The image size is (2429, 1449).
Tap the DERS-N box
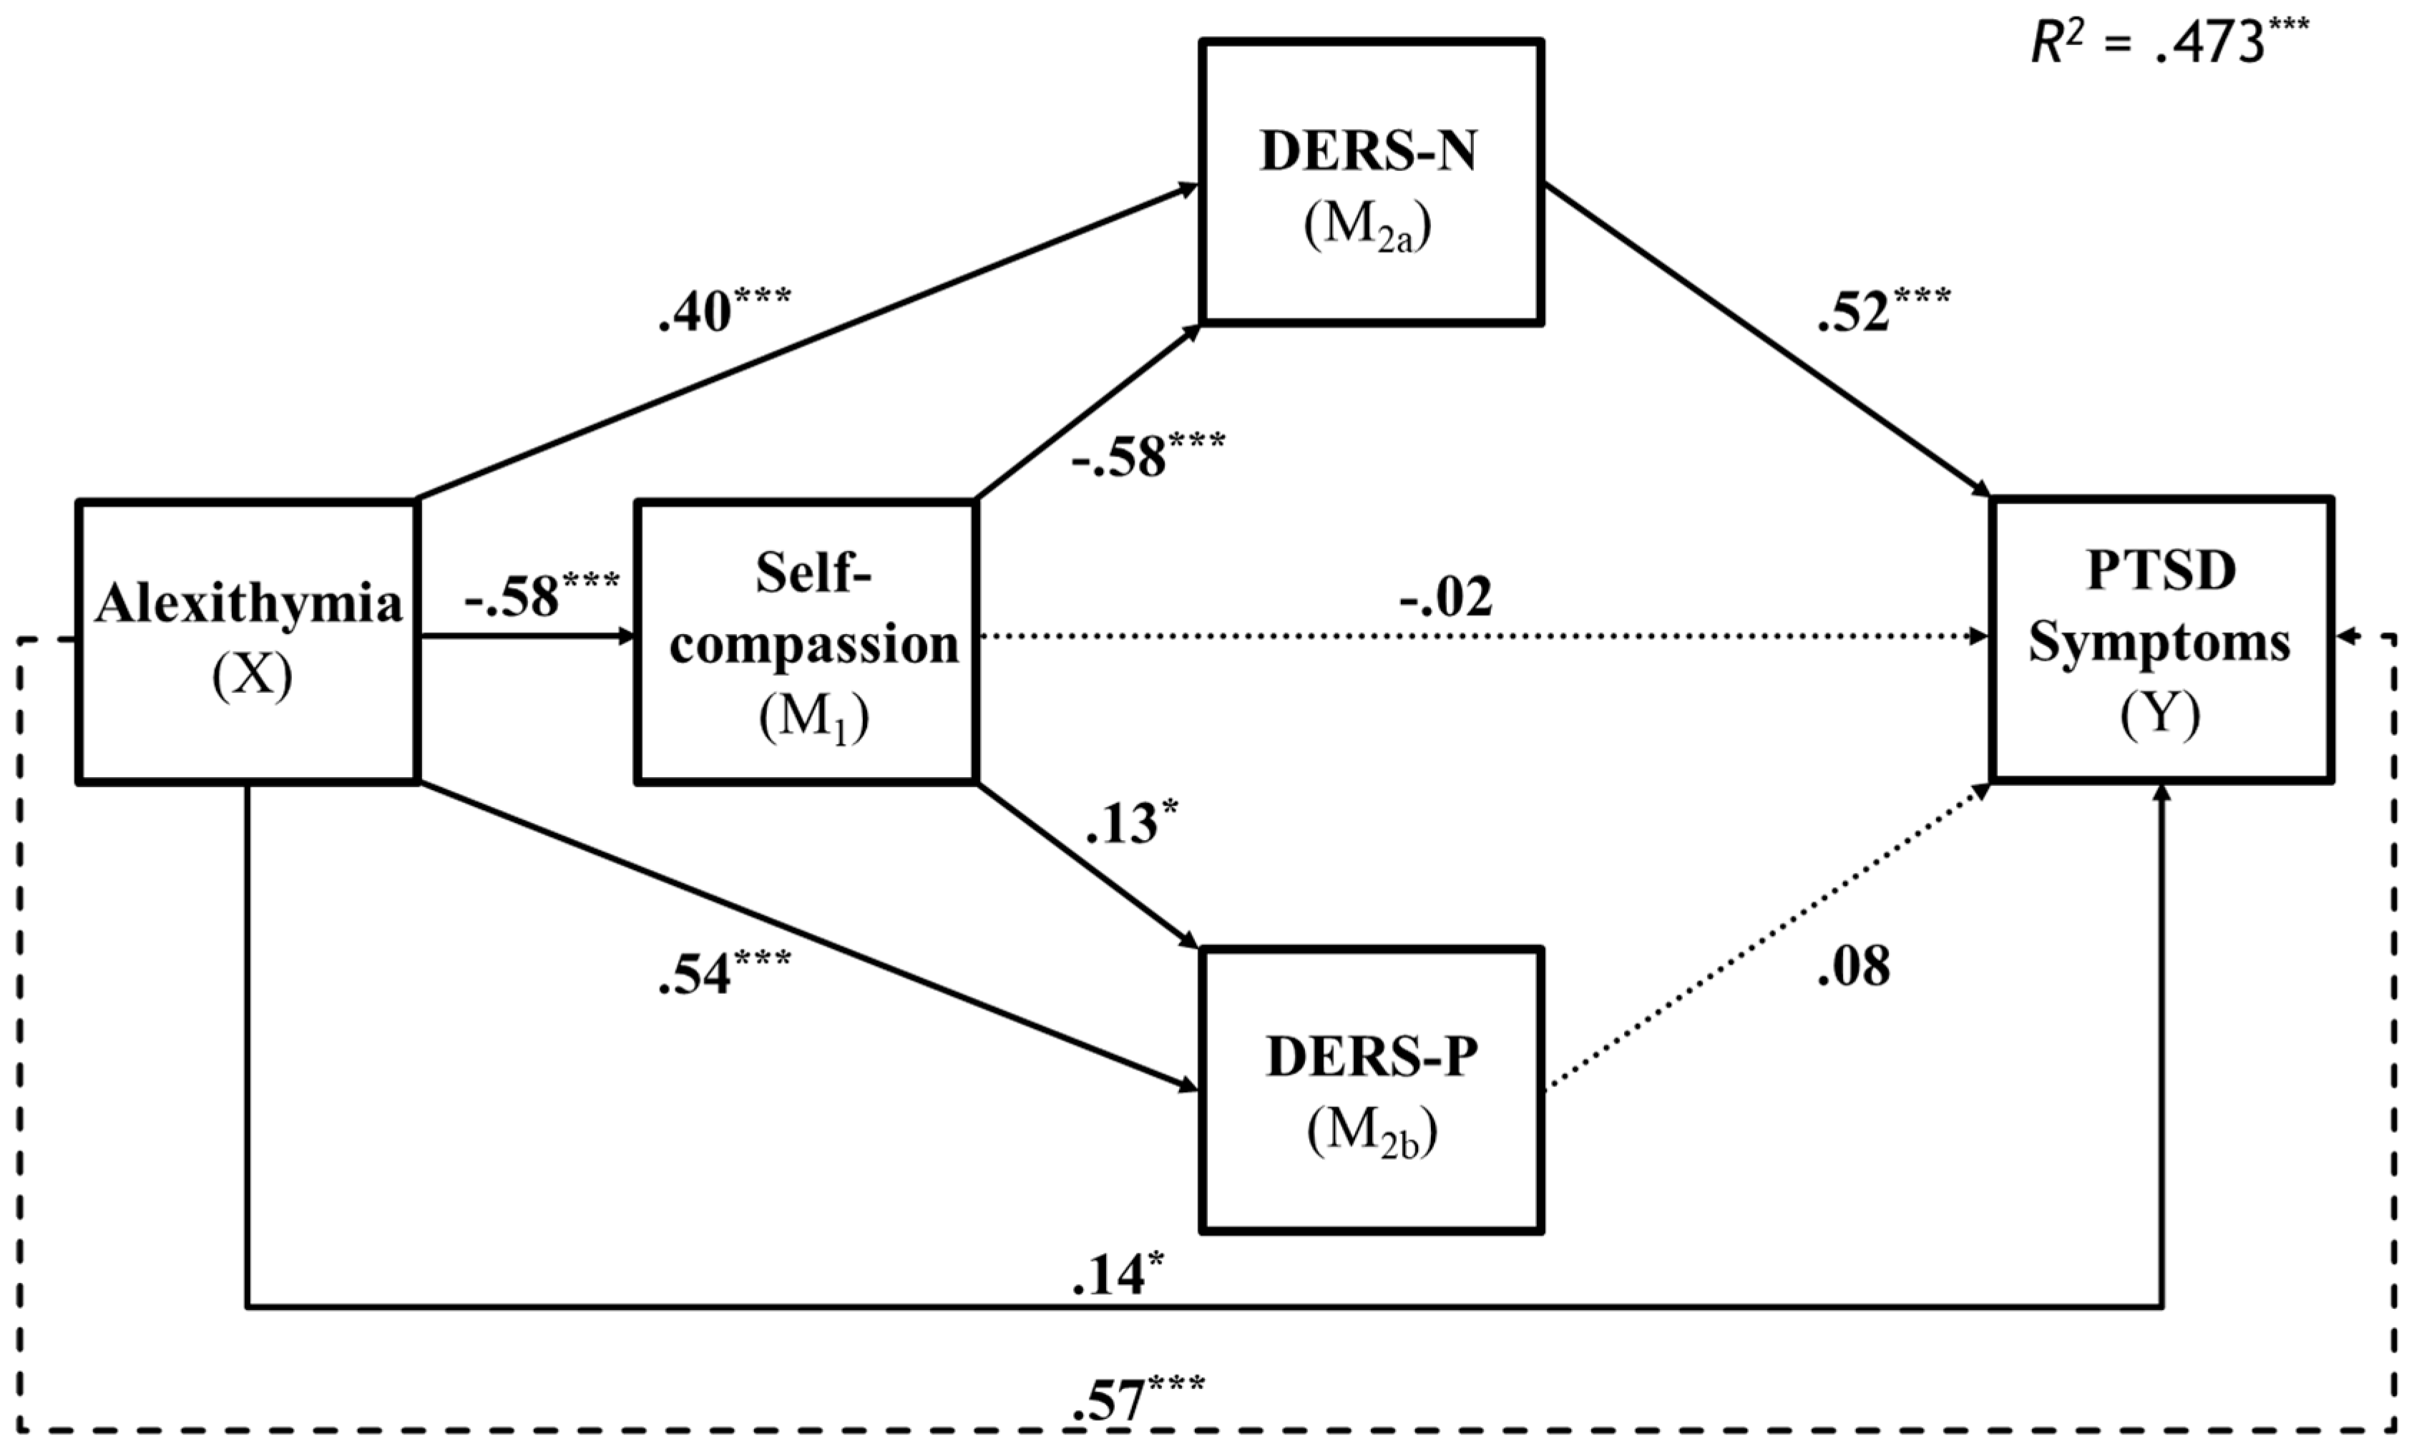(1371, 180)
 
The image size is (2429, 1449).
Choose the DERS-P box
(1371, 1090)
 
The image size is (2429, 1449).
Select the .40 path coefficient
(723, 310)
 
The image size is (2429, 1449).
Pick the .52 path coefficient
(1882, 310)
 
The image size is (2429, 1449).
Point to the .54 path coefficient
(723, 972)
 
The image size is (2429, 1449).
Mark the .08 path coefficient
(1853, 967)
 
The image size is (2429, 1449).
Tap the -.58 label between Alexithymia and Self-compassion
(540, 595)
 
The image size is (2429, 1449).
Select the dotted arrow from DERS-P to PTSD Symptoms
(1767, 937)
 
